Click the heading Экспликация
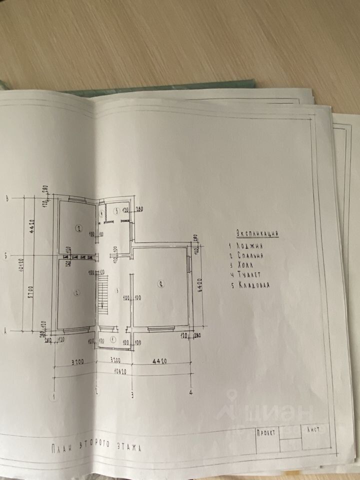257,233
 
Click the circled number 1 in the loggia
112,339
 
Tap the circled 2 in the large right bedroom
160,284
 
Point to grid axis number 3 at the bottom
132,395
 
